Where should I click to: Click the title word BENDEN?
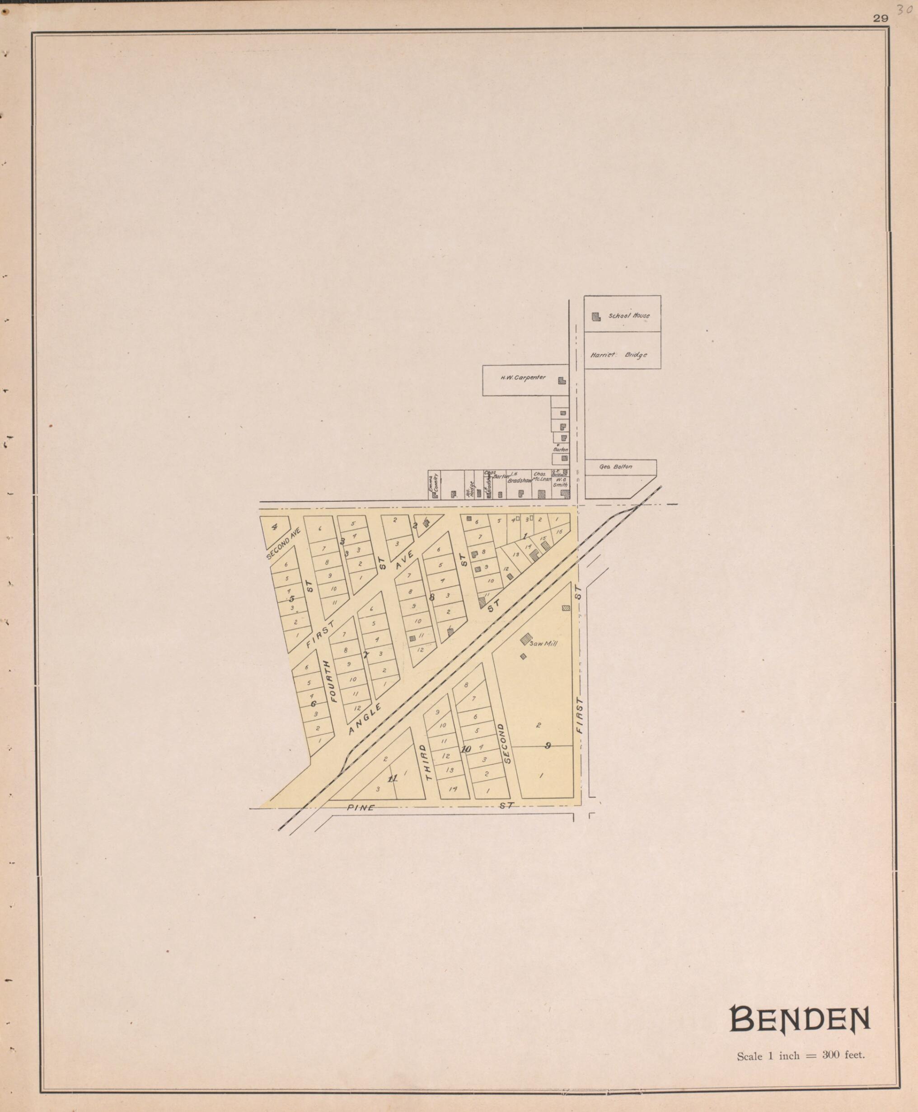tap(799, 1019)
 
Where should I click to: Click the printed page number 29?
tap(881, 19)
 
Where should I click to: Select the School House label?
tap(629, 316)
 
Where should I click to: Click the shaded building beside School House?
tap(596, 317)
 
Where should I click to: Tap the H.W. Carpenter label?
tap(523, 378)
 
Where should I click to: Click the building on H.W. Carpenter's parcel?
tap(562, 380)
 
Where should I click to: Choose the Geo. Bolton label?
tap(615, 467)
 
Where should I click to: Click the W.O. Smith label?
tap(560, 481)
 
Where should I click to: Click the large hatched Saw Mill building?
tap(525, 639)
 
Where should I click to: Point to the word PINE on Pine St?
tap(361, 808)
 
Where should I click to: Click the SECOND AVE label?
tap(283, 543)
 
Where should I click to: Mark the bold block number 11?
tap(393, 779)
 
